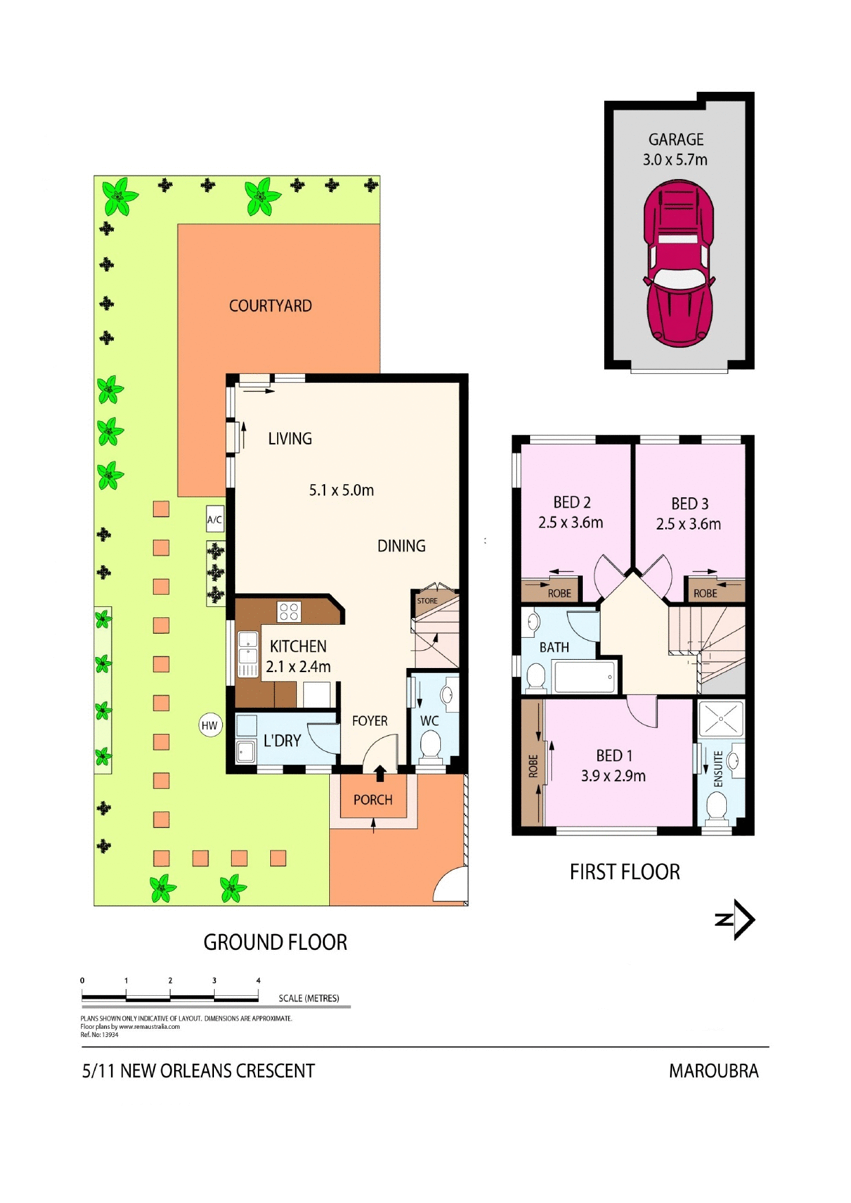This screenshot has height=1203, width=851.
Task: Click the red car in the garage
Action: [678, 264]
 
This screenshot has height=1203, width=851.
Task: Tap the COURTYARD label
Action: [270, 306]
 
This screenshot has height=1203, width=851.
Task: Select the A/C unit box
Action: [215, 519]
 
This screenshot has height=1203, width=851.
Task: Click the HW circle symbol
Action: [210, 726]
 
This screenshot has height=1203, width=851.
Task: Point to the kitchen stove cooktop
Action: [289, 611]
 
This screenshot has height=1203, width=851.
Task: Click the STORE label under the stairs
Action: [427, 601]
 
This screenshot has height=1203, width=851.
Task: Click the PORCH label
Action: [373, 800]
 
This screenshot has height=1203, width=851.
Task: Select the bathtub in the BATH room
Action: [584, 677]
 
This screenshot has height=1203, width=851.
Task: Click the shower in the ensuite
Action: [721, 719]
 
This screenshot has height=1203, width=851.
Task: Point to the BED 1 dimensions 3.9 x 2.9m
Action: [613, 776]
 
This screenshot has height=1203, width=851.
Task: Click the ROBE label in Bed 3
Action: [705, 593]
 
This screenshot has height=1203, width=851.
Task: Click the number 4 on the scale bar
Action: [259, 981]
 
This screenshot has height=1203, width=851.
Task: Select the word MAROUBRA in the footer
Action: [713, 1071]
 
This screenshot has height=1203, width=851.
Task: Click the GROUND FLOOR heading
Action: [275, 942]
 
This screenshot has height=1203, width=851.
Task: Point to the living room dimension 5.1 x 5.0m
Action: [341, 490]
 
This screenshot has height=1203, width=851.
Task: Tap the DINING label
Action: [401, 546]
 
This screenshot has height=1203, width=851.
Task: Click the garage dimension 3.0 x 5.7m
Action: [675, 160]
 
